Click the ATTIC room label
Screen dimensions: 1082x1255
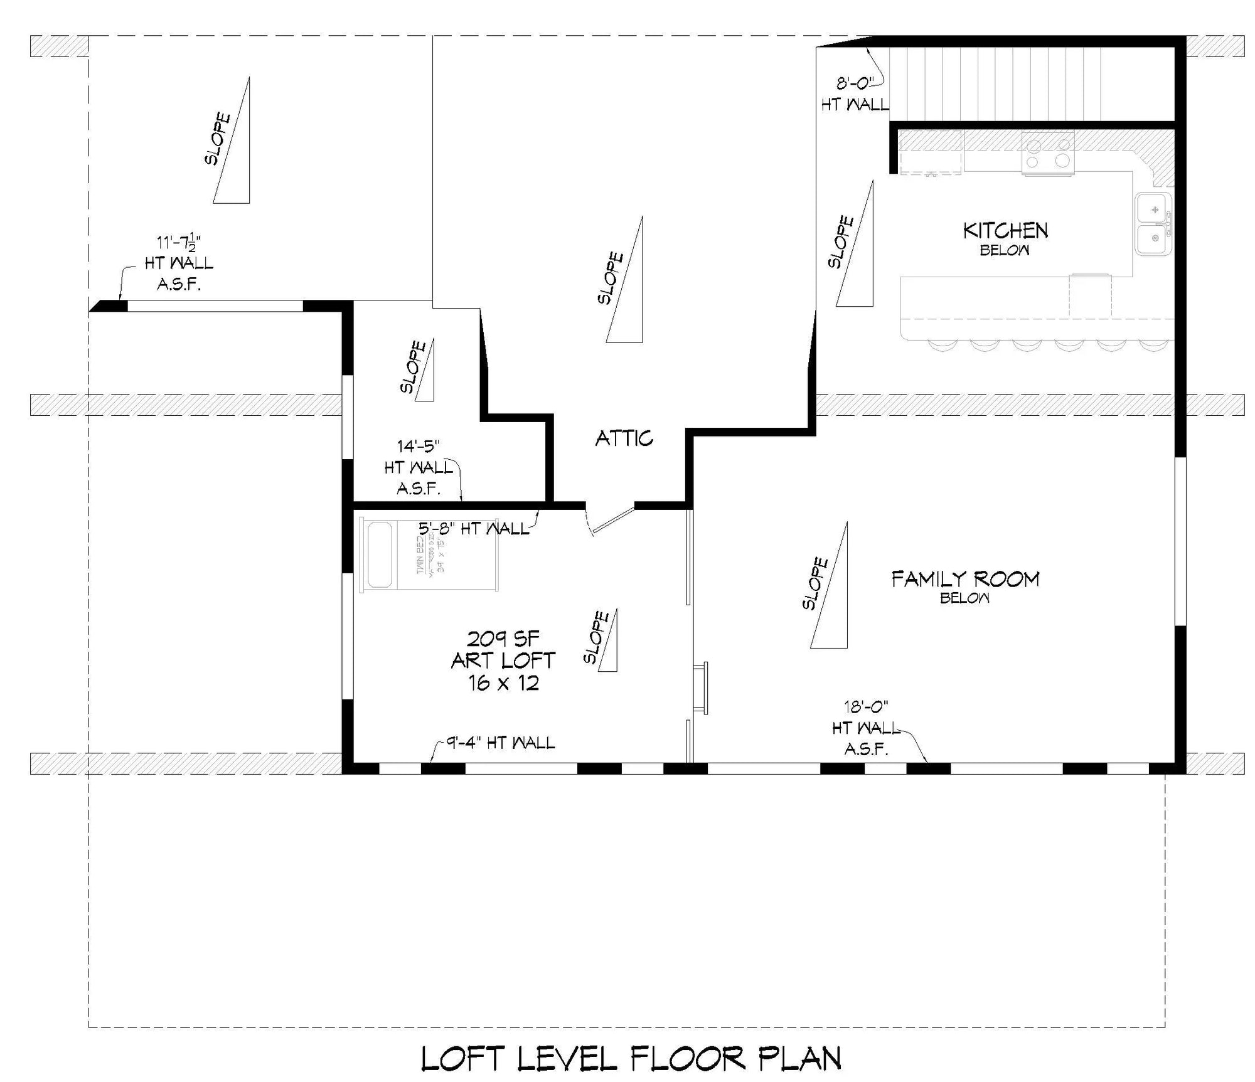click(624, 438)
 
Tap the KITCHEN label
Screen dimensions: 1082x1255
click(1005, 231)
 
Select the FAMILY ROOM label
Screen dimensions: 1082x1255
click(965, 578)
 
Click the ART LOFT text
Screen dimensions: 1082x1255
click(503, 660)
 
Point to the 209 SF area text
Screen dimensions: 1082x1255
click(503, 639)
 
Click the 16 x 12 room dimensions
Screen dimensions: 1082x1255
click(503, 682)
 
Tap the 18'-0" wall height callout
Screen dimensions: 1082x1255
click(866, 707)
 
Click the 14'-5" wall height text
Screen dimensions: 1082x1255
click(418, 447)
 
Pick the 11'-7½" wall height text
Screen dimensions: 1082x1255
click(179, 242)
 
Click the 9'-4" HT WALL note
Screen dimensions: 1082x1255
click(501, 743)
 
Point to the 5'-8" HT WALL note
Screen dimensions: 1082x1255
click(474, 528)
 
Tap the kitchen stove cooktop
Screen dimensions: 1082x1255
click(1047, 153)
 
